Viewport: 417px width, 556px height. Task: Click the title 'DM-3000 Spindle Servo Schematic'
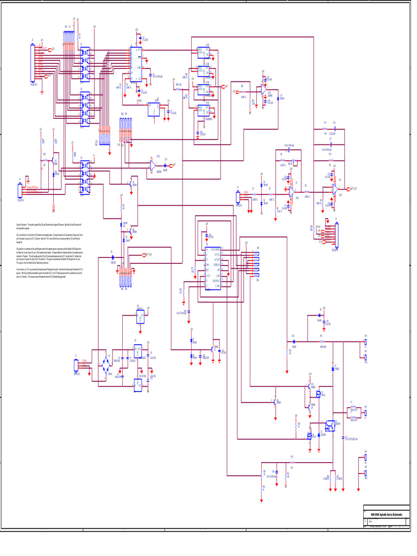[x=390, y=514]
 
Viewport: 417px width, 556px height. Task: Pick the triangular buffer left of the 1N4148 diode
[x=153, y=163]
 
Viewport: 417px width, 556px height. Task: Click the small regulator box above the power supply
[x=140, y=316]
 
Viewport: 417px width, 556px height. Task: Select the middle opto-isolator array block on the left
[x=85, y=103]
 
